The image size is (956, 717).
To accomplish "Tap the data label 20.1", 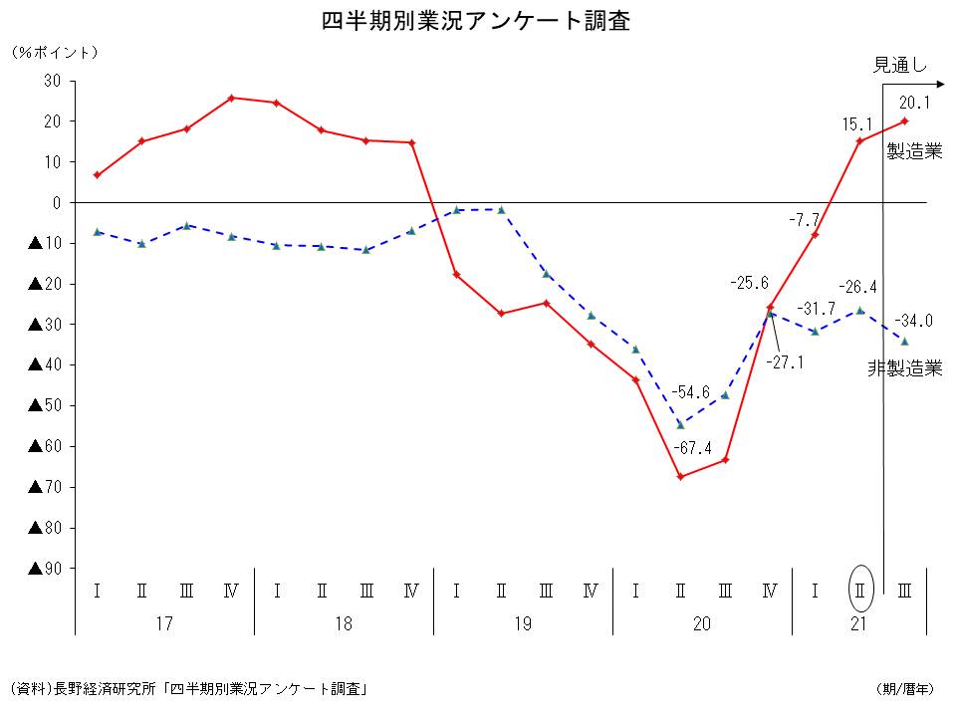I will pyautogui.click(x=914, y=102).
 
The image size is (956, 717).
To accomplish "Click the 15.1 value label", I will pyautogui.click(x=857, y=124).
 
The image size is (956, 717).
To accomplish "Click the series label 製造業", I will pyautogui.click(x=914, y=152).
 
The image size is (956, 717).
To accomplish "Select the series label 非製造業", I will pyautogui.click(x=904, y=368).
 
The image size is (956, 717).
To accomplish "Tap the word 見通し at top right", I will pyautogui.click(x=899, y=66).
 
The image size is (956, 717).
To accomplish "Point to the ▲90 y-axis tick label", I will pyautogui.click(x=45, y=569).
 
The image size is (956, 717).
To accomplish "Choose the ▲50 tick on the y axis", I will pyautogui.click(x=45, y=405).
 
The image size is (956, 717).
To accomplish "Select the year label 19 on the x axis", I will pyautogui.click(x=523, y=624).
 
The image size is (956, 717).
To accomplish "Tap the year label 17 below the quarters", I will pyautogui.click(x=164, y=624).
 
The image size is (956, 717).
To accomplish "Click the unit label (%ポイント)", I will pyautogui.click(x=56, y=52).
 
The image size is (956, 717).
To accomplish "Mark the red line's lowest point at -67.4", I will pyautogui.click(x=680, y=477).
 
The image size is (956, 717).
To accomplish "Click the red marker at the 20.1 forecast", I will pyautogui.click(x=904, y=120).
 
